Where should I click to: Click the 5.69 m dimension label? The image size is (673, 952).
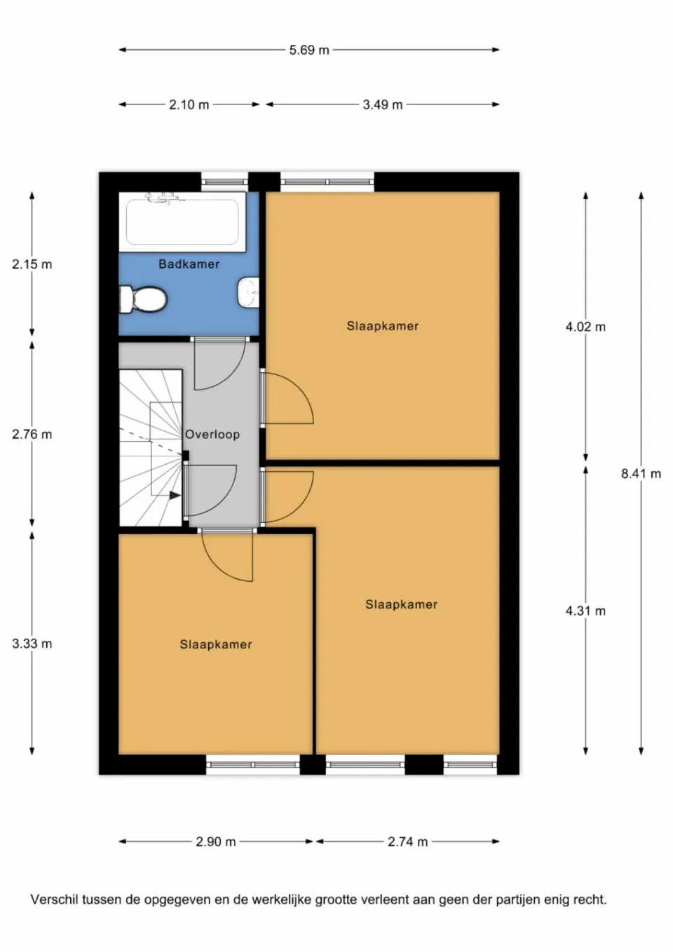tap(309, 50)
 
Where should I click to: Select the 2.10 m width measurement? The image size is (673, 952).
tap(189, 105)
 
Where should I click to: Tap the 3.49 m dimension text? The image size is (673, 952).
tap(383, 105)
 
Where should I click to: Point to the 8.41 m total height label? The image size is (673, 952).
tap(641, 474)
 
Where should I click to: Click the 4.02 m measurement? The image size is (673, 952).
tap(585, 327)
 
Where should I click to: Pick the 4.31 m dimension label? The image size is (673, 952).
tap(585, 611)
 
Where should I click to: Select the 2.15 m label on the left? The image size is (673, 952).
tap(32, 265)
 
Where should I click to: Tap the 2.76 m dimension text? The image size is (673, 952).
tap(32, 435)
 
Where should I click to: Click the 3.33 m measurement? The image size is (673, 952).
tap(32, 644)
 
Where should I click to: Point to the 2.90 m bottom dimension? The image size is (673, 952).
tap(216, 842)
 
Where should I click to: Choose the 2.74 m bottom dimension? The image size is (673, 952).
tap(407, 842)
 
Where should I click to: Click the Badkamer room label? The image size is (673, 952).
tap(189, 264)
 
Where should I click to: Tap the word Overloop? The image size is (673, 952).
tap(212, 435)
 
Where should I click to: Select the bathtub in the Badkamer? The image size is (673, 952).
tap(182, 222)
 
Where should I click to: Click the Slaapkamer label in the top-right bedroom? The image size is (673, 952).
tap(383, 326)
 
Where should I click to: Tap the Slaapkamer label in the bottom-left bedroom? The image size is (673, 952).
tap(216, 645)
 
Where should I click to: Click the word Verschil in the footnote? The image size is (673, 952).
tap(54, 899)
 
